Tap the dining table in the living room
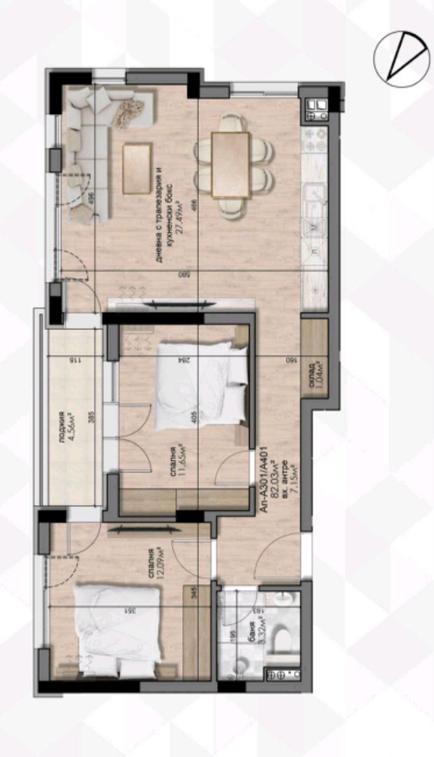(x=231, y=165)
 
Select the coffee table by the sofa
(x=138, y=168)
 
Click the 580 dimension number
(x=194, y=274)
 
